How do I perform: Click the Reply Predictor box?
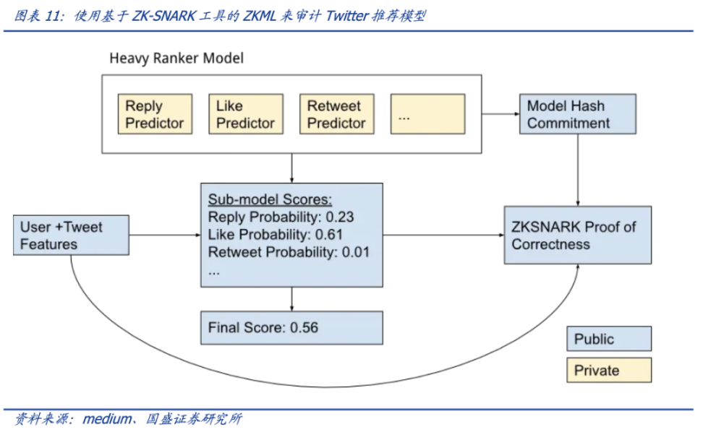[154, 114]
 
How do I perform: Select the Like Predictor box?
[245, 114]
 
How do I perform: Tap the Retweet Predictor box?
[336, 114]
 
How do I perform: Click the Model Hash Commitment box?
[577, 114]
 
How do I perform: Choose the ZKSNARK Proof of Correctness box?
[577, 235]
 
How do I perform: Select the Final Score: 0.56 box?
[291, 328]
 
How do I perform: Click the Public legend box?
[608, 339]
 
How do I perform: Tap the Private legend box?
[608, 371]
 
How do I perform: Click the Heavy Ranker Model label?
[176, 59]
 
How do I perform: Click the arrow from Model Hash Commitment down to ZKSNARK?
[577, 169]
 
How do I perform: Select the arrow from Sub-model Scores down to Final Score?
[291, 299]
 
